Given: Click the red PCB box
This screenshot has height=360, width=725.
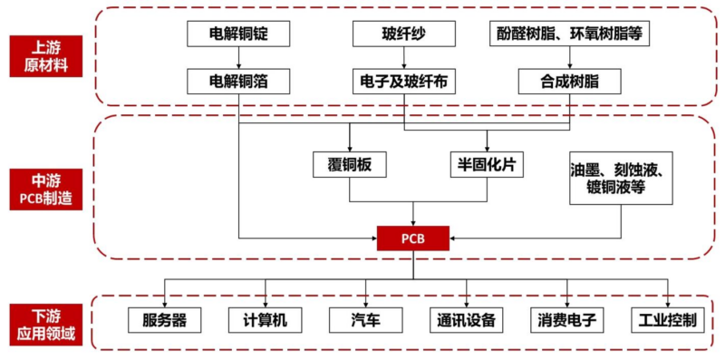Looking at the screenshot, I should coord(413,239).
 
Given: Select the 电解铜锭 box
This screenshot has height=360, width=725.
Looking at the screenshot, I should coord(239,34).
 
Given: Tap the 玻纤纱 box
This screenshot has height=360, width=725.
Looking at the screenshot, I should coord(403,34).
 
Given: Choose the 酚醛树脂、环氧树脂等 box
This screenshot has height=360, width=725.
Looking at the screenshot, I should coord(570,34).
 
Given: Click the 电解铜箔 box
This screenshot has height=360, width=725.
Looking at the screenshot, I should coord(239,82).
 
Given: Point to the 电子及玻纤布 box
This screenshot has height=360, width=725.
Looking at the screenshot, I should coord(403,82).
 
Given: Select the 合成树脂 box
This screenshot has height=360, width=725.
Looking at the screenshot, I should coord(570,82).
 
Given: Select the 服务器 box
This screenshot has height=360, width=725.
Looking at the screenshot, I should coord(164,320).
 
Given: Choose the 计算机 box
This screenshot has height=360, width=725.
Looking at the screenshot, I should coord(266,320).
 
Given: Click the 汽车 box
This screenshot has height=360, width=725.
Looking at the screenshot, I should coord(365,320).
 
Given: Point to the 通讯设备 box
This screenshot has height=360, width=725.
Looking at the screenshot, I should coord(466,320).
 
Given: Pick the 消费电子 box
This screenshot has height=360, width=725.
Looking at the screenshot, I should coord(567,320).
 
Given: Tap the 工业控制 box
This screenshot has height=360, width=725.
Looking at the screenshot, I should coord(667,320).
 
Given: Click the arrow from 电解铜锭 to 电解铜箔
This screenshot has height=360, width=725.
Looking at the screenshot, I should coord(239,58).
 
